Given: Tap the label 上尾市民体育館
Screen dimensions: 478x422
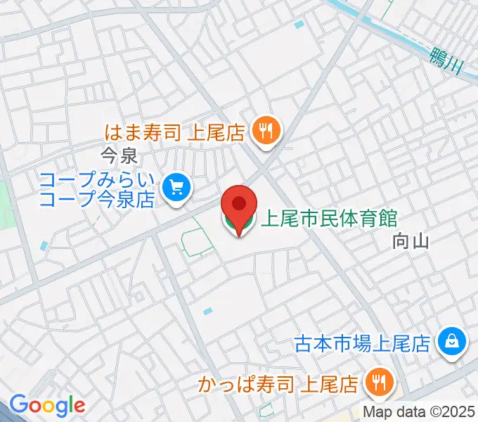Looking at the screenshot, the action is tap(328, 219).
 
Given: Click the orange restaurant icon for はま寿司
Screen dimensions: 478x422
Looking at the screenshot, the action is tap(266, 131).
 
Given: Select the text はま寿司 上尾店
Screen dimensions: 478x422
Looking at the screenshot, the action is tap(174, 132).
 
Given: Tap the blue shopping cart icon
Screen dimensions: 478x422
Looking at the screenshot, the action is tap(176, 188).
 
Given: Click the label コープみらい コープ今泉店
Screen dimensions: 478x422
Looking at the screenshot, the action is tap(98, 190).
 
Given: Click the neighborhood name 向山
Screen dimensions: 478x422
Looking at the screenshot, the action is tap(411, 242).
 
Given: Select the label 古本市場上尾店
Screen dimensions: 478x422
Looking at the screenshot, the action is tap(362, 343).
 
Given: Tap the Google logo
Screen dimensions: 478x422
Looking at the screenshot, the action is tap(47, 404).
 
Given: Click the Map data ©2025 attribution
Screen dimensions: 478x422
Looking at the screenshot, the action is tap(420, 412).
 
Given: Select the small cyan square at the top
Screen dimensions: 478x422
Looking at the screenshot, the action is tap(300, 25).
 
